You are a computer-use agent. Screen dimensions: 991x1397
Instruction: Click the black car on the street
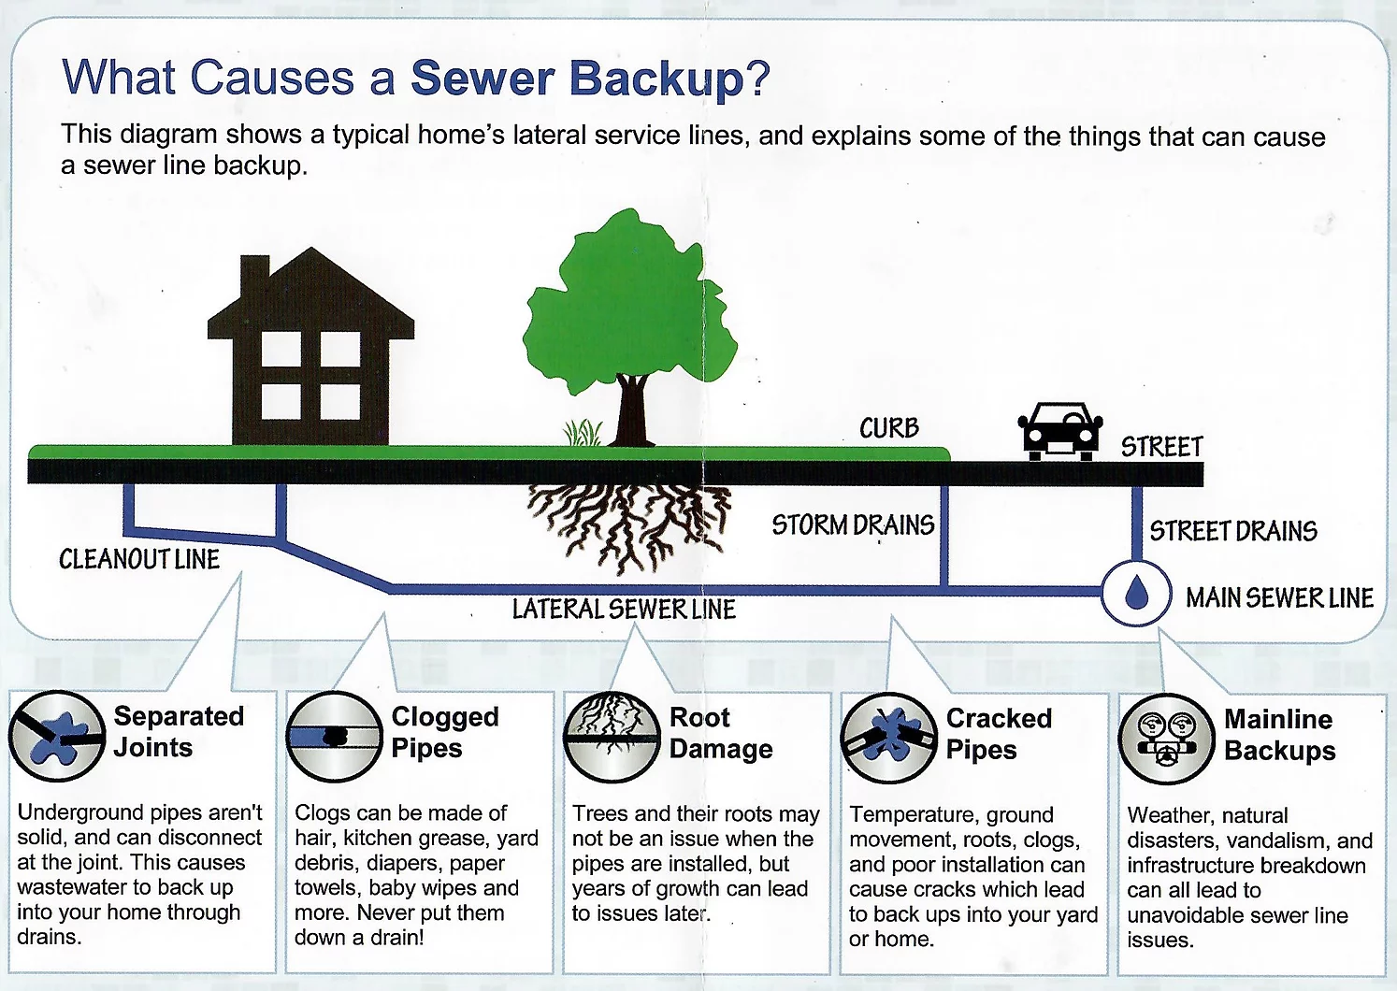point(1059,431)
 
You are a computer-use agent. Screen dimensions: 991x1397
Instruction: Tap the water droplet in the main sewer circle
point(1136,592)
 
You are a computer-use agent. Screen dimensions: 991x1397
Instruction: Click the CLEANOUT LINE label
point(139,559)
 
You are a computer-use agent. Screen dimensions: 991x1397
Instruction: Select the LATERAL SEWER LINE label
point(624,610)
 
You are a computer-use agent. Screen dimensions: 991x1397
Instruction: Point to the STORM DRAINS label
point(853,525)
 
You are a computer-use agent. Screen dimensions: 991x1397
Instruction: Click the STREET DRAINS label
point(1233,531)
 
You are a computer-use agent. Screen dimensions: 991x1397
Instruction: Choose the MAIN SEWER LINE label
point(1279,597)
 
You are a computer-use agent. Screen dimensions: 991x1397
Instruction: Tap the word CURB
point(889,428)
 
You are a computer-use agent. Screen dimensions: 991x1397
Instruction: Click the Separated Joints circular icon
point(56,736)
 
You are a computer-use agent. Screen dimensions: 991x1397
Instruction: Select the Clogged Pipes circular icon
point(334,737)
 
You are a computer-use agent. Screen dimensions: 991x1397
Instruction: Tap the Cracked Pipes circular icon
point(888,739)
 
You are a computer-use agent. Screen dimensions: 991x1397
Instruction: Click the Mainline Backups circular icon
point(1166,739)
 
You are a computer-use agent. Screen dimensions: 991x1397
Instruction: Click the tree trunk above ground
point(631,411)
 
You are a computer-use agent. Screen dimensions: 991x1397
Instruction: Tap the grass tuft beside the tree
point(583,433)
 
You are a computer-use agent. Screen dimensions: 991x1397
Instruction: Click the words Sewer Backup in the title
point(578,79)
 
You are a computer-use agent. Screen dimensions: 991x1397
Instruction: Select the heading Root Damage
point(721,733)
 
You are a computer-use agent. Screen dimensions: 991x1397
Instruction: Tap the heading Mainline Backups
point(1279,735)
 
